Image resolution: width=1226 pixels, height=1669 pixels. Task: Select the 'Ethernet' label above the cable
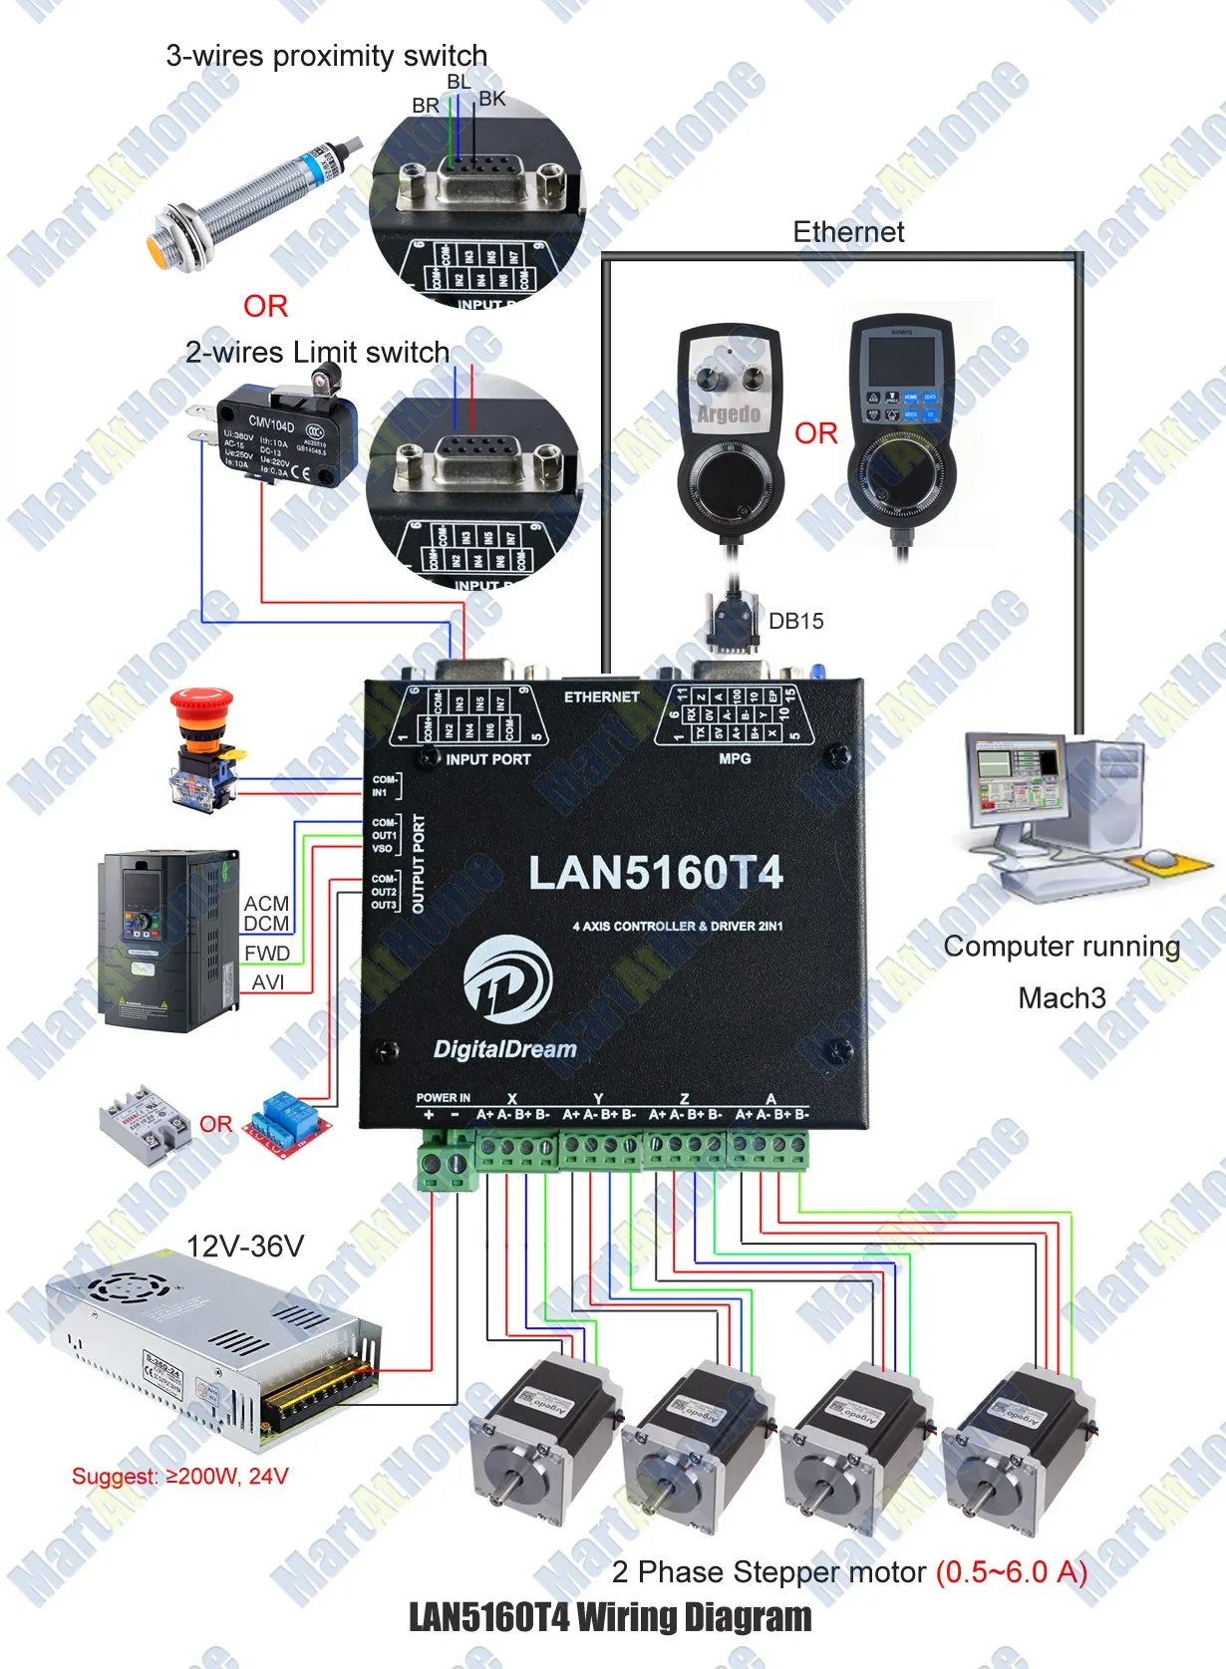pyautogui.click(x=848, y=232)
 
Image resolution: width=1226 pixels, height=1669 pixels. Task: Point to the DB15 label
pyautogui.click(x=795, y=621)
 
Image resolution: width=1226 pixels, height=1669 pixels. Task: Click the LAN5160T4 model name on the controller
pyautogui.click(x=655, y=873)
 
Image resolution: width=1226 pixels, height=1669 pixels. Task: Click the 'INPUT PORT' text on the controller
pyautogui.click(x=487, y=759)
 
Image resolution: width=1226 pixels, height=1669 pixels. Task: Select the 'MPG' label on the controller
pyautogui.click(x=735, y=759)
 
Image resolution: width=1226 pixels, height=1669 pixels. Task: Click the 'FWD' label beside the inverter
pyautogui.click(x=267, y=953)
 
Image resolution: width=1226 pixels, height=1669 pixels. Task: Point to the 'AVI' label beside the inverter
pyautogui.click(x=268, y=982)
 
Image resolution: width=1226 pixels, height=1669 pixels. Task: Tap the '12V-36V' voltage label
pyautogui.click(x=245, y=1246)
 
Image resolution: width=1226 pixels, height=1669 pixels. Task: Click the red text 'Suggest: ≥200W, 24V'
pyautogui.click(x=179, y=1476)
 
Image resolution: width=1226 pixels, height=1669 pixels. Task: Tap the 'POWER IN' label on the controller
pyautogui.click(x=443, y=1098)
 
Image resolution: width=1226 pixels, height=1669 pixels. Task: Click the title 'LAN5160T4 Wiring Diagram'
pyautogui.click(x=610, y=1617)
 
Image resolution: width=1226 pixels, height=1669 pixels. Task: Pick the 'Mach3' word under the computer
pyautogui.click(x=1062, y=997)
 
